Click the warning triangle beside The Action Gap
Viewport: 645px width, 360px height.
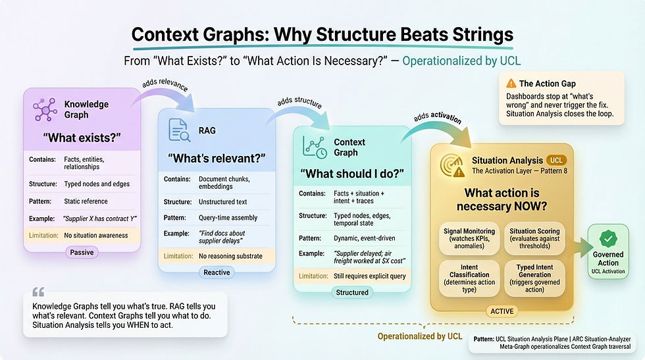[x=511, y=84]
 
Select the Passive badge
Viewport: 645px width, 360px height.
[x=82, y=251]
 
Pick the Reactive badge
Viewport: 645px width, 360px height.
[x=217, y=272]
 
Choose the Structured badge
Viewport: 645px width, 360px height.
[x=352, y=292]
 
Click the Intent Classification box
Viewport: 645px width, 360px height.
[x=470, y=278]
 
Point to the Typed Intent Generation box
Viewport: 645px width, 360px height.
[x=534, y=278]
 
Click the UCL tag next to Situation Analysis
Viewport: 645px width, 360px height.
[x=556, y=160]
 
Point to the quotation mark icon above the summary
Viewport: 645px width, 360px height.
[x=38, y=292]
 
